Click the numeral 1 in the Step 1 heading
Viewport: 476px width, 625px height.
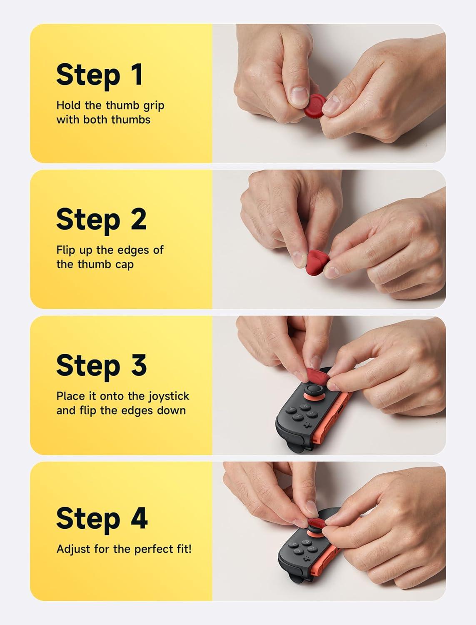click(137, 74)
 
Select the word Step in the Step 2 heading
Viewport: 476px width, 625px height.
click(88, 221)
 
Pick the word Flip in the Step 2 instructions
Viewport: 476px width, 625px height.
click(66, 250)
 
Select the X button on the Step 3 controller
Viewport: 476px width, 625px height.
click(298, 417)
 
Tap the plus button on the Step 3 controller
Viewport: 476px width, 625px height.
click(307, 425)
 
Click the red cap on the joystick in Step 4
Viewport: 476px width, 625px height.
click(317, 524)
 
